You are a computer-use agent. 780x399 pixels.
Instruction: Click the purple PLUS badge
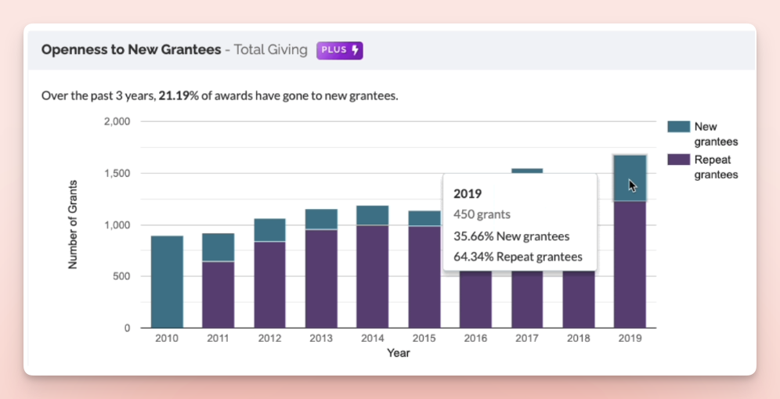tap(340, 50)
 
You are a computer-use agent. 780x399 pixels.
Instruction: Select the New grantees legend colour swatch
tap(678, 127)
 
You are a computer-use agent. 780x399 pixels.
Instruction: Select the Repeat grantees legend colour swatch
tap(678, 160)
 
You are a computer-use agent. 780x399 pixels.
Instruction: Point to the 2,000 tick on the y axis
tap(117, 122)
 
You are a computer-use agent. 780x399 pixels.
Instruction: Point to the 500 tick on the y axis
tap(121, 276)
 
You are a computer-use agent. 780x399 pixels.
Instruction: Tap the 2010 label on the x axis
tap(167, 338)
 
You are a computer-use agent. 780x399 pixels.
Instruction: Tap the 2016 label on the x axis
tap(475, 338)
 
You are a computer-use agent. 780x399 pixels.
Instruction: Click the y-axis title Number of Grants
tap(73, 225)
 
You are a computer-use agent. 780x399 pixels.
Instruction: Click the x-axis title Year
tap(398, 353)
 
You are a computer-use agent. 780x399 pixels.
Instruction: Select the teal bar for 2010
tap(167, 282)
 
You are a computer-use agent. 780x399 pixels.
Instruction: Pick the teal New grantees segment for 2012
tap(269, 230)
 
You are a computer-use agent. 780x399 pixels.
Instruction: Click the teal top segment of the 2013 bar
tap(321, 219)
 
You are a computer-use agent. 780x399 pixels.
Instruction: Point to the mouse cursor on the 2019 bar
tap(632, 185)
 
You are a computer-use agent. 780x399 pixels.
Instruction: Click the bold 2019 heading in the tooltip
tap(468, 193)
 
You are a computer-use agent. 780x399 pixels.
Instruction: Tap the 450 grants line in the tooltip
tap(481, 214)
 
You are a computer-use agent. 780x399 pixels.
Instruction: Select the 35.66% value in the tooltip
tap(471, 235)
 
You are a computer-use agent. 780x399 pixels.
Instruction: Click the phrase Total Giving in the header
tap(271, 50)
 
